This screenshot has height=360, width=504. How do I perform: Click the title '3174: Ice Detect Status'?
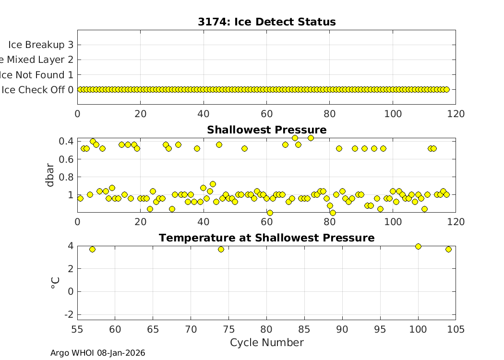(x=266, y=22)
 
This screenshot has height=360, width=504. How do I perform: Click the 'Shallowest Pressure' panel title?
(x=266, y=130)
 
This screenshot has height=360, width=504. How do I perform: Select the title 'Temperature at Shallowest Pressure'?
(x=266, y=238)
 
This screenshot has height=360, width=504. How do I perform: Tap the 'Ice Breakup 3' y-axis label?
(x=40, y=45)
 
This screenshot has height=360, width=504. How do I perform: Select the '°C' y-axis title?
(x=55, y=283)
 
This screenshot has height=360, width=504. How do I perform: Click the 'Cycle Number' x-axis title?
(x=266, y=343)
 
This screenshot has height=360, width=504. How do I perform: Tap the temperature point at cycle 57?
(x=92, y=249)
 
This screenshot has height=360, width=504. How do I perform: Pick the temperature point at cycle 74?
(x=221, y=249)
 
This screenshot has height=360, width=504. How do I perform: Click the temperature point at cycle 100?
(x=418, y=246)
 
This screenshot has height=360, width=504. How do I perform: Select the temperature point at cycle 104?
(x=448, y=249)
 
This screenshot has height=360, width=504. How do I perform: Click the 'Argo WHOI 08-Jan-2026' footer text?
(x=97, y=353)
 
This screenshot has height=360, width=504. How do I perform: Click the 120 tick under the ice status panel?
(x=456, y=114)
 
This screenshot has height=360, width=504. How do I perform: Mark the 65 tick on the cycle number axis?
(x=153, y=329)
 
